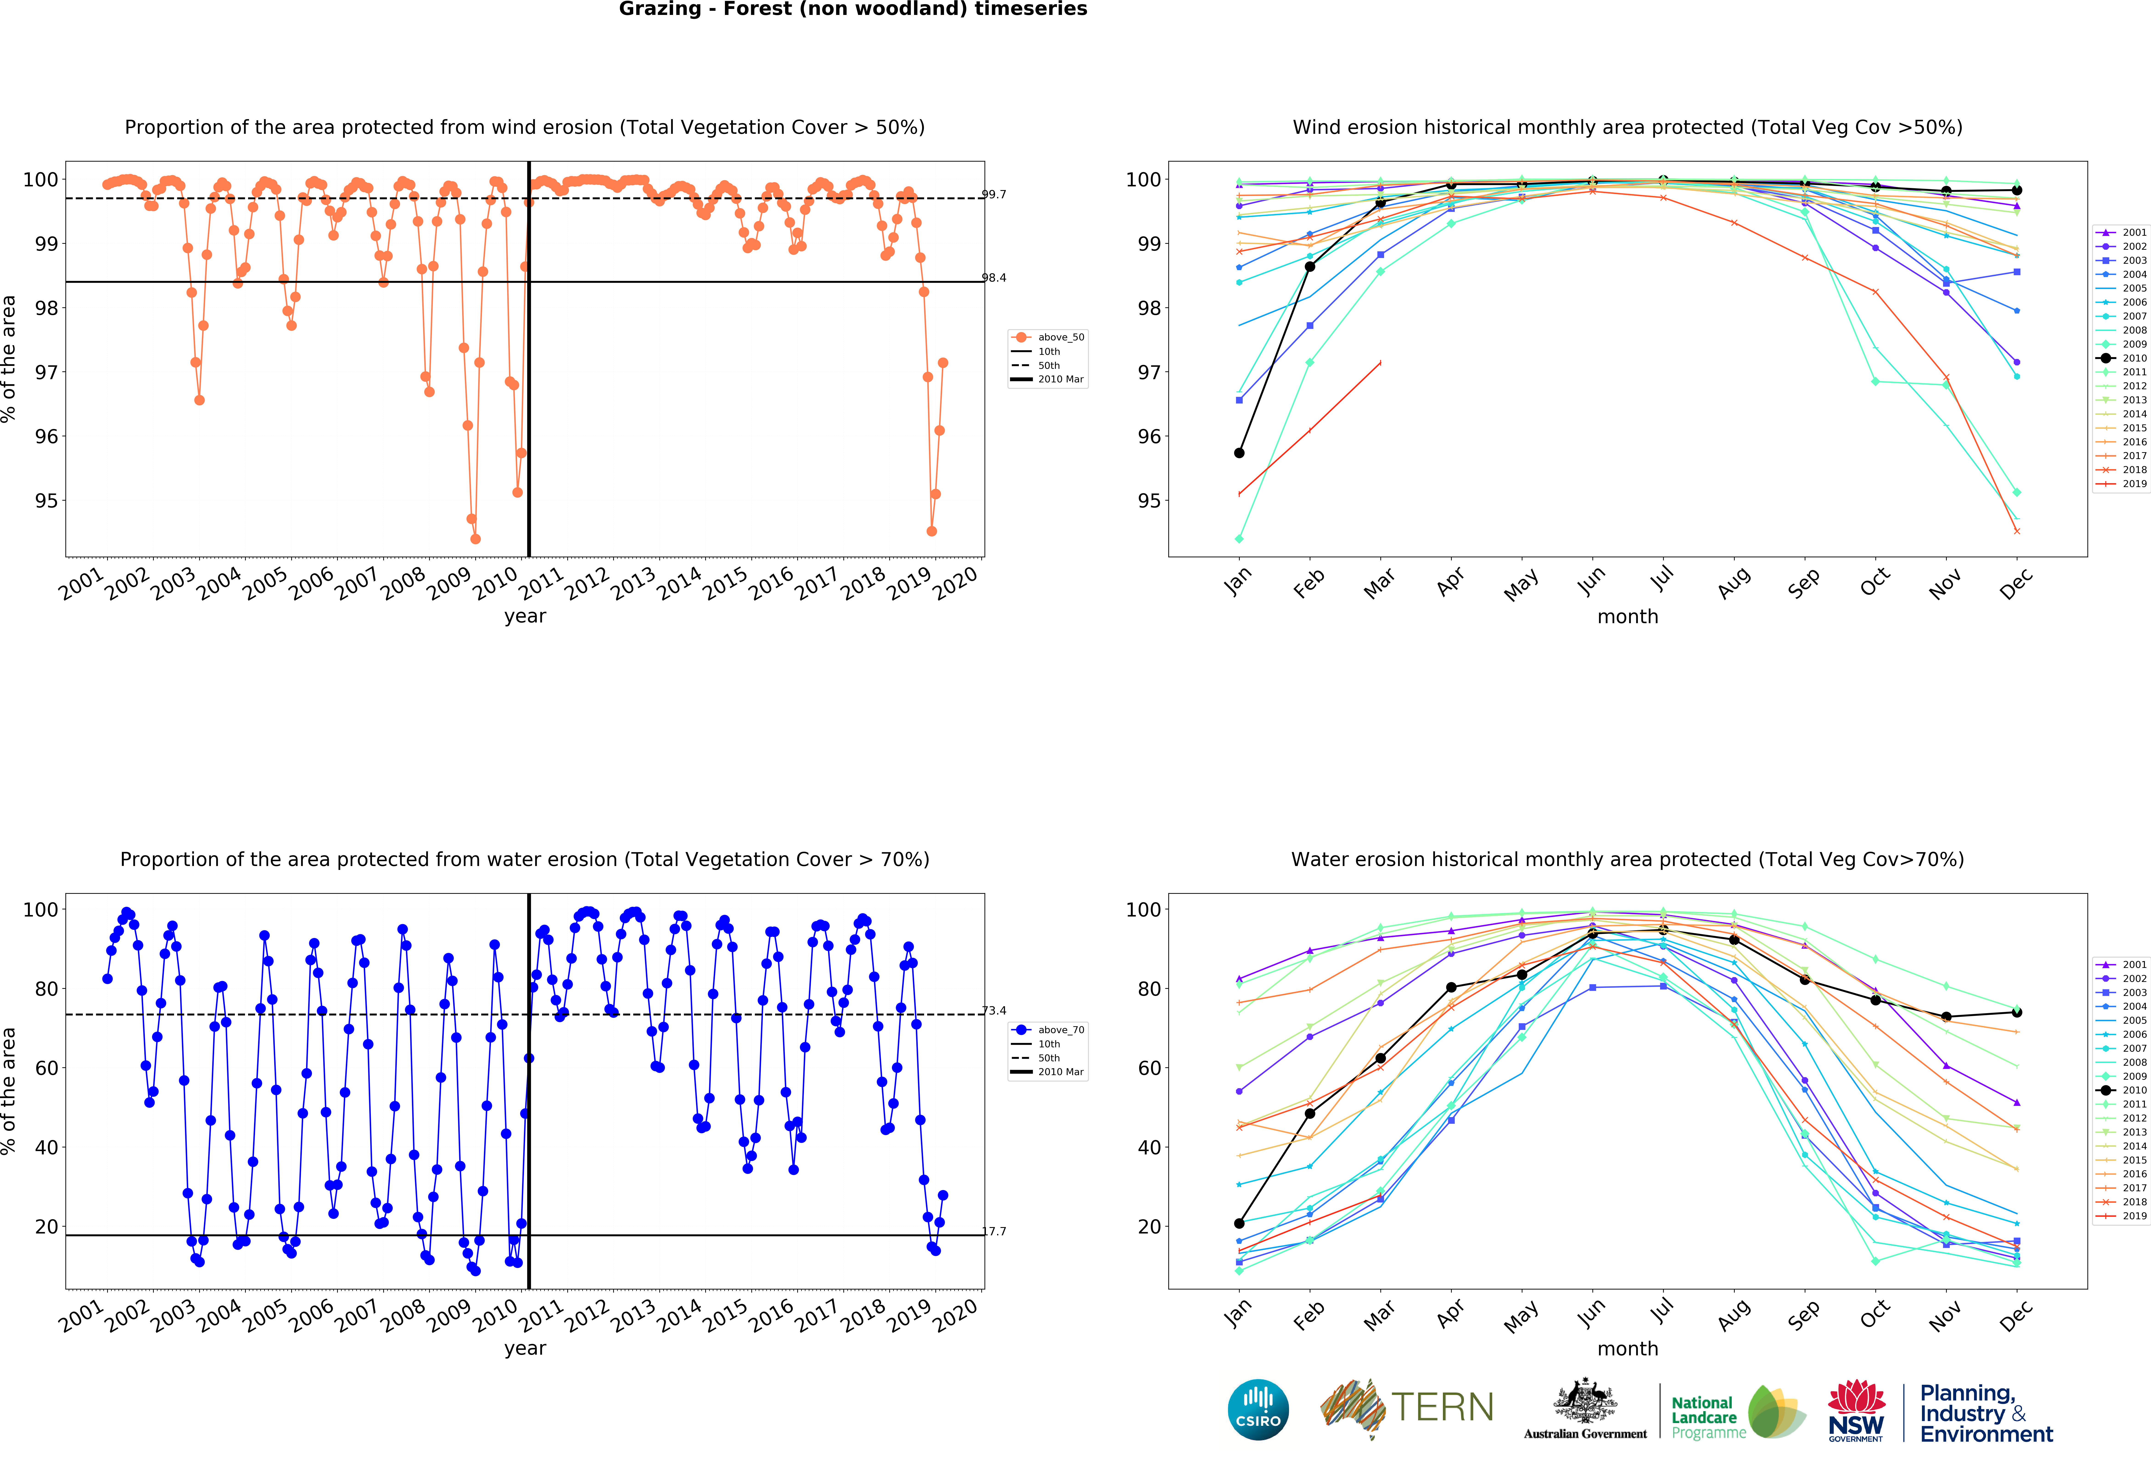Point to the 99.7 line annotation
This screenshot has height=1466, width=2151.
tap(993, 194)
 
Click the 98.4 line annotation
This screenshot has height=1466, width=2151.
tap(993, 278)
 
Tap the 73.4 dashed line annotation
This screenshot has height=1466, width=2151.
tap(993, 1011)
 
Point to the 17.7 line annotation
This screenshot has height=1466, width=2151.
tap(993, 1231)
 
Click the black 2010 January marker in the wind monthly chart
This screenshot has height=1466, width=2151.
tap(1239, 453)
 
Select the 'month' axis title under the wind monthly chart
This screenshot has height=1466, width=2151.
tap(1627, 616)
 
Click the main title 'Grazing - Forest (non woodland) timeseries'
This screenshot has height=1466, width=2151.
tap(853, 9)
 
